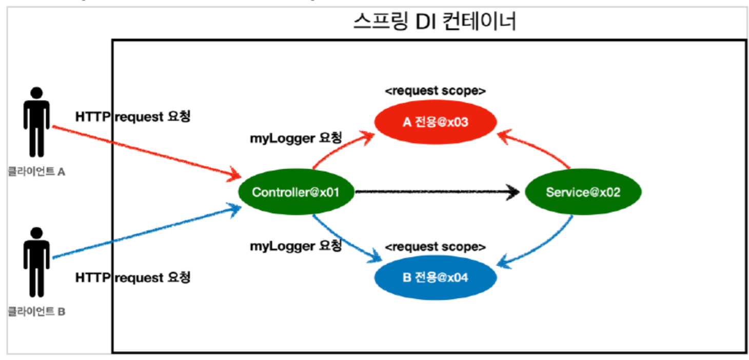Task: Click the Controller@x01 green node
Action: tap(295, 193)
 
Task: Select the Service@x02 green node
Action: tap(583, 193)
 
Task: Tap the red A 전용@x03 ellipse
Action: tap(436, 123)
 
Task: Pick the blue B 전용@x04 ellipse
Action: tap(436, 278)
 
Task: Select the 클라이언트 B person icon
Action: tap(36, 262)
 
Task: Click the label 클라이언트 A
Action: tap(36, 172)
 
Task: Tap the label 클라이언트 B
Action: tap(36, 311)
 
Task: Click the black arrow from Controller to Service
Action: tap(436, 193)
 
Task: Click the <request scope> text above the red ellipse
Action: tap(435, 91)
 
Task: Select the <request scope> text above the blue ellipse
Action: tap(435, 247)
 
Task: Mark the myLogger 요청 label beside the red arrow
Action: tap(295, 138)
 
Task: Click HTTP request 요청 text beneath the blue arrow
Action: tap(133, 278)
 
